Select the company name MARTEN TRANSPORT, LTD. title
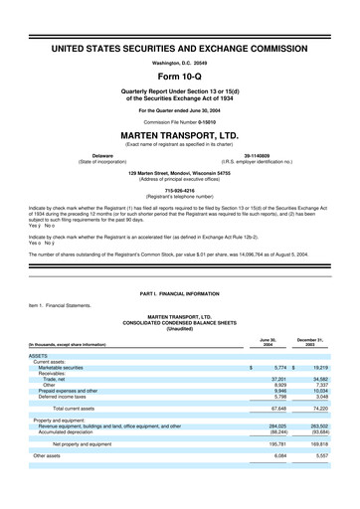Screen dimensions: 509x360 coord(179,133)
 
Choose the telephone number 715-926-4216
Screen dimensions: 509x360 coord(179,188)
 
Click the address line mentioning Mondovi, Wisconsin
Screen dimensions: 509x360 coord(179,172)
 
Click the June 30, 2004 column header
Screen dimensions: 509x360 coord(266,342)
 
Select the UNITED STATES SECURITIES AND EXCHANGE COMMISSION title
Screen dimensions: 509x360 coord(179,48)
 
